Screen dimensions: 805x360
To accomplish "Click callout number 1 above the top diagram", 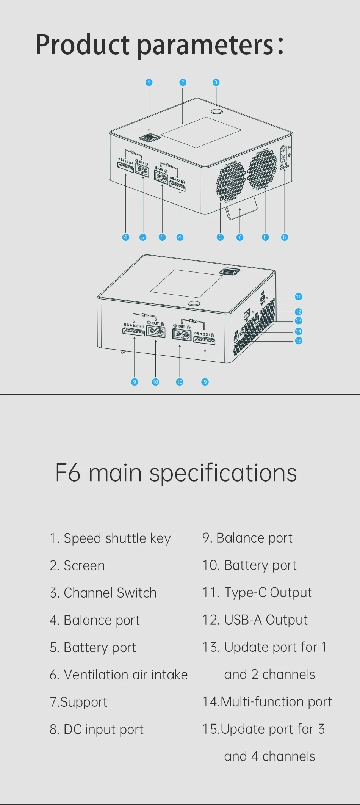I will [149, 82].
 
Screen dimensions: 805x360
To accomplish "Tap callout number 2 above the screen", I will [183, 82].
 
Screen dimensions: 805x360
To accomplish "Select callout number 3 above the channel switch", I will [216, 82].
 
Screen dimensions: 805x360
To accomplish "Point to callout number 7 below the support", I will [239, 237].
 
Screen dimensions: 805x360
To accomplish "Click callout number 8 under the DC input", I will [285, 237].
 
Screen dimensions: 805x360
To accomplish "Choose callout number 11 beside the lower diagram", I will [298, 297].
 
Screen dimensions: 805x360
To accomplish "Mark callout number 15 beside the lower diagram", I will [298, 341].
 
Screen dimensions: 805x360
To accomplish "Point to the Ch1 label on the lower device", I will [144, 315].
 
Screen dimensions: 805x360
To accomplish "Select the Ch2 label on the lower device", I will [193, 321].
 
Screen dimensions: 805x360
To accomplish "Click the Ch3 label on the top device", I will [133, 152].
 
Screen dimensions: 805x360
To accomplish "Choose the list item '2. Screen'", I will [77, 566].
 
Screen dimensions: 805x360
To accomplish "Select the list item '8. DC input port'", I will [97, 730].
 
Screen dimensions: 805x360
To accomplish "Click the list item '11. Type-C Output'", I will [257, 593].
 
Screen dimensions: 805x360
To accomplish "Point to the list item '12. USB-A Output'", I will [255, 620].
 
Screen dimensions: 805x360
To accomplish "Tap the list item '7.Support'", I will [78, 702].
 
